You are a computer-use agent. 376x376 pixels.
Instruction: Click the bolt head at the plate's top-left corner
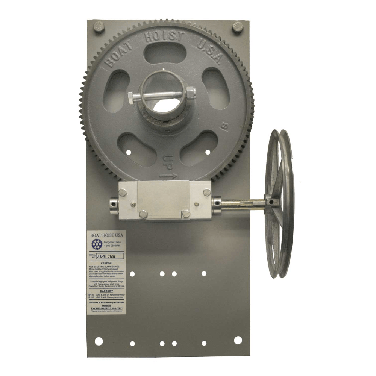pos(99,27)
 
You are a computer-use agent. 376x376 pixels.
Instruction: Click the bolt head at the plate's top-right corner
pos(238,27)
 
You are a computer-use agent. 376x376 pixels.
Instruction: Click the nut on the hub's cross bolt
pos(191,92)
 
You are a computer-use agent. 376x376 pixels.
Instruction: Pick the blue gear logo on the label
pos(97,244)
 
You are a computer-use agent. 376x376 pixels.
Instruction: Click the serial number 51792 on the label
pos(115,256)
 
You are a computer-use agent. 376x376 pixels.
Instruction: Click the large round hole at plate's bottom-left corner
pos(99,341)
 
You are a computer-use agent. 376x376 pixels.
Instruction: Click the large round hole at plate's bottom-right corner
pos(238,340)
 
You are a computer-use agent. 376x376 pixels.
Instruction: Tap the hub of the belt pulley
pos(272,202)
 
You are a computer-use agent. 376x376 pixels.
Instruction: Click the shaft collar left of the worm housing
pos(114,205)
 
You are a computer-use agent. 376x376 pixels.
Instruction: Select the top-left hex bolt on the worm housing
pos(123,192)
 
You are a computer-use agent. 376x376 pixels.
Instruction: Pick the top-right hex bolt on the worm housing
pos(207,192)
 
